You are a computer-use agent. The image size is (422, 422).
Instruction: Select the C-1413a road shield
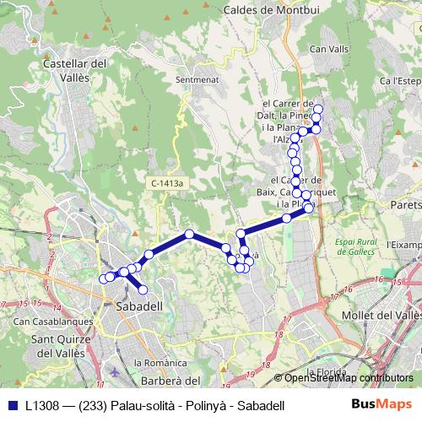169,182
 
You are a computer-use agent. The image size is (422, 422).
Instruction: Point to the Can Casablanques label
46,322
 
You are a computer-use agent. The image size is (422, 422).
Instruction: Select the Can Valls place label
330,50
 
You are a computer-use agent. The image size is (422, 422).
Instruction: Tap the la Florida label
327,371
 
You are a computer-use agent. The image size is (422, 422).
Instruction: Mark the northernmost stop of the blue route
317,109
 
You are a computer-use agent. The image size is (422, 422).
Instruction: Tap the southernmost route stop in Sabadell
143,289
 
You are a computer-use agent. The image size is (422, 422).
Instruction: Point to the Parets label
404,204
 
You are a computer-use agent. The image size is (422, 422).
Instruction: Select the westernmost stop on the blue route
104,278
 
